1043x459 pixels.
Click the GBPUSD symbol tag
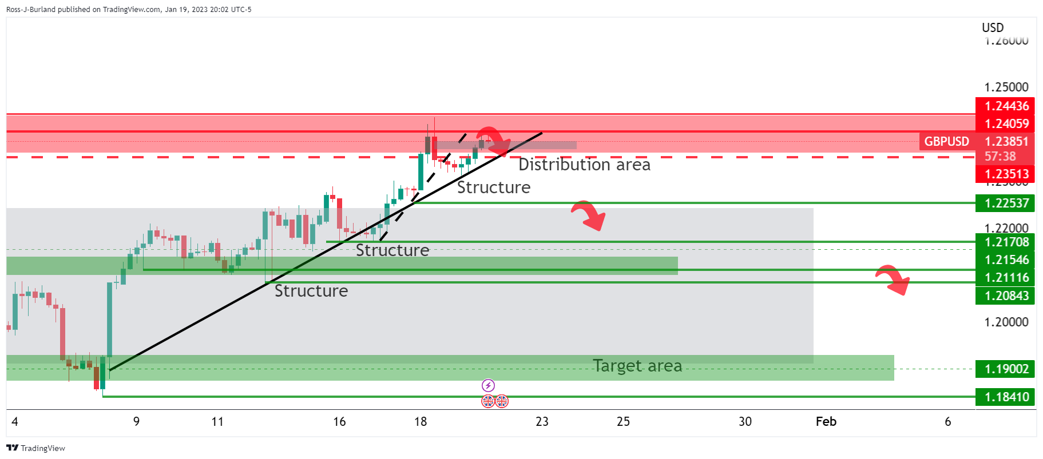946,141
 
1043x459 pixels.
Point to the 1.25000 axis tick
1006,87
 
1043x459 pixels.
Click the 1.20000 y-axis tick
1006,322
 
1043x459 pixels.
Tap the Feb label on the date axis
826,421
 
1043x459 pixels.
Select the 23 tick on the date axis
542,421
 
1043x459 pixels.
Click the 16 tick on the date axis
339,421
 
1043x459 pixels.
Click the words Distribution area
584,165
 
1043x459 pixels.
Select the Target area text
637,365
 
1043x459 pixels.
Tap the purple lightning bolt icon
488,385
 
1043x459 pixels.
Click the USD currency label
993,27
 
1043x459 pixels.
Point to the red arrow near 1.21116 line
893,280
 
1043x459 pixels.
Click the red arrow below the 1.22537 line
589,215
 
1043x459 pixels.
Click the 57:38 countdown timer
1000,156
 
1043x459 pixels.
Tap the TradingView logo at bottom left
35,448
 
